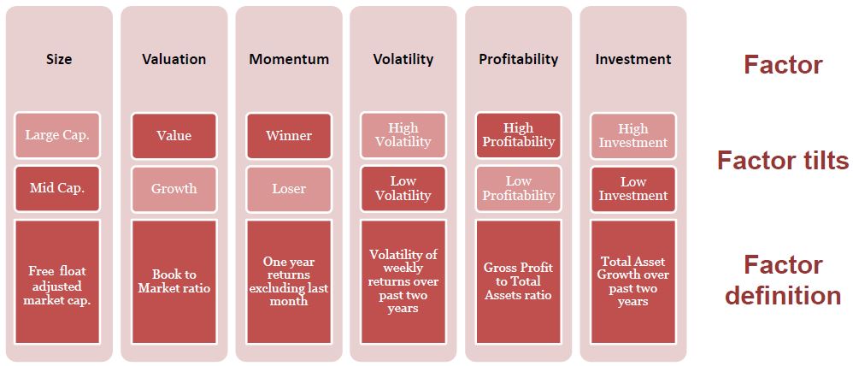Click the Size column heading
pyautogui.click(x=59, y=59)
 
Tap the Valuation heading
pyautogui.click(x=174, y=59)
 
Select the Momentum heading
pyautogui.click(x=289, y=59)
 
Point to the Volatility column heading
pyautogui.click(x=403, y=59)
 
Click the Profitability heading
pyautogui.click(x=519, y=59)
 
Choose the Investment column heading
pyautogui.click(x=633, y=59)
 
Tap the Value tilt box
pyautogui.click(x=174, y=136)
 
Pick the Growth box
pyautogui.click(x=174, y=188)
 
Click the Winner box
pyautogui.click(x=289, y=136)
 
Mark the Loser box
pyautogui.click(x=289, y=188)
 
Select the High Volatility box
pyautogui.click(x=403, y=136)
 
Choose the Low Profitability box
pyautogui.click(x=519, y=188)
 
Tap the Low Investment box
pyautogui.click(x=633, y=188)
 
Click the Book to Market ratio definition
pyautogui.click(x=174, y=281)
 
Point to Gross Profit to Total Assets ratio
pyautogui.click(x=519, y=281)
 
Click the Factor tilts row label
pyautogui.click(x=783, y=161)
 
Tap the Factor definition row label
pyautogui.click(x=784, y=280)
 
